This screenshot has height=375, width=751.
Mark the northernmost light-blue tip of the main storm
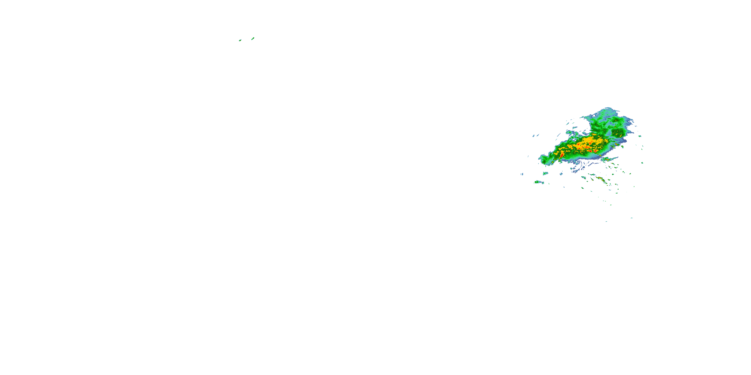[x=608, y=108]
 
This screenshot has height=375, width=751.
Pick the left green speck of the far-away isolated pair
[x=240, y=40]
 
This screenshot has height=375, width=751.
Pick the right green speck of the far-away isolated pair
[x=253, y=38]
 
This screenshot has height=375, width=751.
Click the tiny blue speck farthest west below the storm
[x=522, y=174]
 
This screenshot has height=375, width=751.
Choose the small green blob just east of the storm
[x=639, y=136]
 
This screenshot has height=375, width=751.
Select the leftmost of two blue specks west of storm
[x=533, y=136]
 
